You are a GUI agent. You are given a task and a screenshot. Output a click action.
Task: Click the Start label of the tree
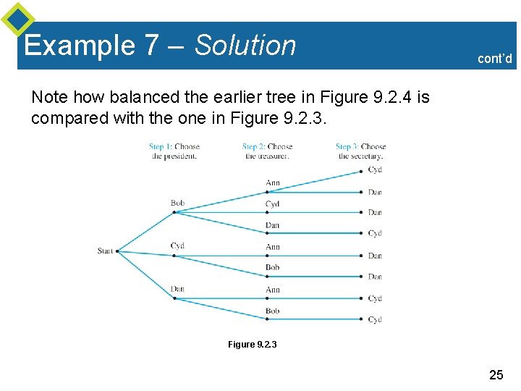pos(105,251)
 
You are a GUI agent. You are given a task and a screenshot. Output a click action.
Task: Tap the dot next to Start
pos(117,251)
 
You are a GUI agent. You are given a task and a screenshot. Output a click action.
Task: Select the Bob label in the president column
pos(177,203)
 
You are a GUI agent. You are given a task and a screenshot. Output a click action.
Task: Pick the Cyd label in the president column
pos(177,245)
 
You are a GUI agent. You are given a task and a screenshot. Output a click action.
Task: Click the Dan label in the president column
pos(177,289)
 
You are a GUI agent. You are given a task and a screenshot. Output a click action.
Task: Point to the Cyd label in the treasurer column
pos(272,204)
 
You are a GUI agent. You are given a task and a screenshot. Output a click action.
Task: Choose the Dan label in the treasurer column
pos(272,225)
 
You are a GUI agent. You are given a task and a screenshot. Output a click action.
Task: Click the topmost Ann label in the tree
pos(272,182)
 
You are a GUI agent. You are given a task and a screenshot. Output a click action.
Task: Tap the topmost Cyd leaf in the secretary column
pos(375,169)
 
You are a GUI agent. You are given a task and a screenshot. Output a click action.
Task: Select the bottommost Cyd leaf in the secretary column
pos(375,319)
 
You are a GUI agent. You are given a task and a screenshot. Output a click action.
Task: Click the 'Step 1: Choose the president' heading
pos(174,151)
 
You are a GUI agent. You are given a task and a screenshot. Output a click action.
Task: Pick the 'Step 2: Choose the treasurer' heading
pos(268,151)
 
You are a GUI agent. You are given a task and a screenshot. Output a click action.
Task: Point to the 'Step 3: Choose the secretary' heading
pos(361,151)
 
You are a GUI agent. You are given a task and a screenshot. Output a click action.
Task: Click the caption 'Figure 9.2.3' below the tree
pos(252,345)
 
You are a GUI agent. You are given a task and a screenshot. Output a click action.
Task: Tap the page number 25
pos(496,374)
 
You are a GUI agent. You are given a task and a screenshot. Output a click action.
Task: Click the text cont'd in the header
pos(495,59)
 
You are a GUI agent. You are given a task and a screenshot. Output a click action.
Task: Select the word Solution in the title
pos(245,46)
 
